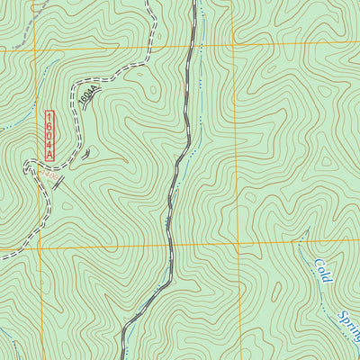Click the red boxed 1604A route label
50,136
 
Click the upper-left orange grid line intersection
36,50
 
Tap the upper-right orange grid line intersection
233,44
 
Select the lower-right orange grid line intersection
239,243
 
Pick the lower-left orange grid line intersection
41,248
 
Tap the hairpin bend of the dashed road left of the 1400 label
24,162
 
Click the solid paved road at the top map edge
194,3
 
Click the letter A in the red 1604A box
50,157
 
